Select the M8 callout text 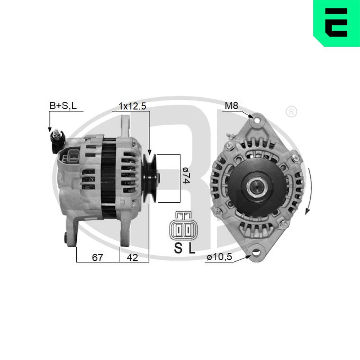pos(231,106)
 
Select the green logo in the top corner pos(336,23)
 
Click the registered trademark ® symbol pos(291,112)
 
